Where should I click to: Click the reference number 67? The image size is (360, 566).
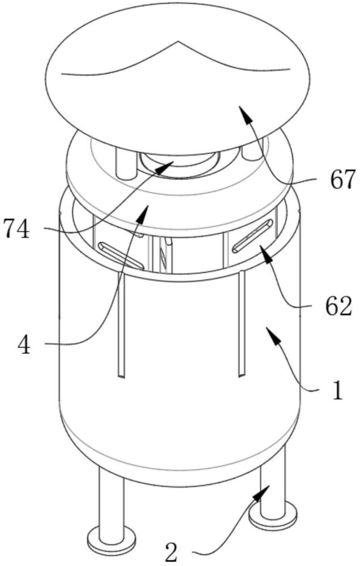click(x=342, y=180)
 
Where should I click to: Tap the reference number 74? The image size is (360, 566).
click(x=16, y=229)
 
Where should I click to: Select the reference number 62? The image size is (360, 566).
click(x=338, y=307)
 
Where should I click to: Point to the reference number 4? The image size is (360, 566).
click(x=24, y=345)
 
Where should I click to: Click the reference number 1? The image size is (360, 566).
click(x=337, y=390)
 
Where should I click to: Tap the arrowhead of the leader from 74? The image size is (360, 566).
click(x=167, y=166)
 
